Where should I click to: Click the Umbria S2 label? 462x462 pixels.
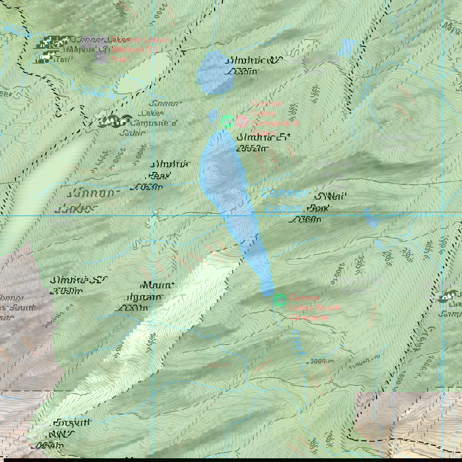[x=73, y=285]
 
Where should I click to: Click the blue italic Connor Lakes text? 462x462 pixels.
[x=283, y=201]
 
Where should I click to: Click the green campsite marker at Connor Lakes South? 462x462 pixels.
[x=280, y=300]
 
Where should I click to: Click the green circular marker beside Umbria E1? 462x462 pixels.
[x=227, y=122]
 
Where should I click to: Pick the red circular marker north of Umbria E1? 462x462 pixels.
[x=242, y=122]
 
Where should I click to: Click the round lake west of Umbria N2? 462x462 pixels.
[x=215, y=73]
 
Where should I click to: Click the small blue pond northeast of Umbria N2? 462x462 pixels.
[x=347, y=47]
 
